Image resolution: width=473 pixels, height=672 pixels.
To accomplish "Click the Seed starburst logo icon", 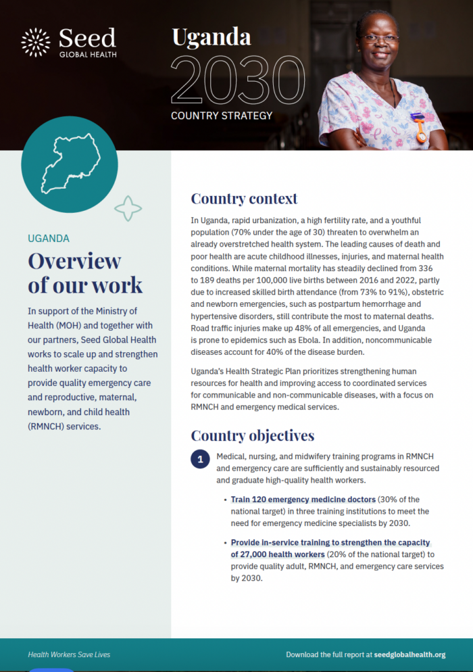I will click(36, 42).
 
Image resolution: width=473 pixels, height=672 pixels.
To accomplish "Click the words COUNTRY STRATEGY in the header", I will click(222, 116).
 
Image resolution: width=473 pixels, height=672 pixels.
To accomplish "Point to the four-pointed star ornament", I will click(128, 209).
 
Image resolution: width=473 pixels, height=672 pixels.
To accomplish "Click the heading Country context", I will click(244, 199).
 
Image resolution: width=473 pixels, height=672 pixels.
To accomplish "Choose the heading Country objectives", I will click(252, 435).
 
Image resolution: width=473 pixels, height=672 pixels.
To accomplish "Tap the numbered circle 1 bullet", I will click(200, 460).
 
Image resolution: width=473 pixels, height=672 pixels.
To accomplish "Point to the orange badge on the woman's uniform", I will click(420, 126).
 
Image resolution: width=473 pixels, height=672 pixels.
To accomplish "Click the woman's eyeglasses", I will click(380, 38).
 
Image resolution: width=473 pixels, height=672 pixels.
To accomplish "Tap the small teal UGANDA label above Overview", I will click(49, 239).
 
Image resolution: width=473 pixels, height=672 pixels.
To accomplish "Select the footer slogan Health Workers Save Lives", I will click(69, 654).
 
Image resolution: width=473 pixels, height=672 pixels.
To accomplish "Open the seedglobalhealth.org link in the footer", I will click(409, 654).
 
